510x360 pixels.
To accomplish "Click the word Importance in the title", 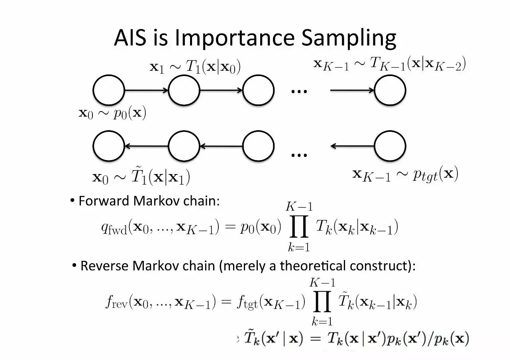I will [x=235, y=38].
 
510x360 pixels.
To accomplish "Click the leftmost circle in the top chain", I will [x=108, y=90].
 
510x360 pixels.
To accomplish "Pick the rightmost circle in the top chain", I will [x=390, y=90].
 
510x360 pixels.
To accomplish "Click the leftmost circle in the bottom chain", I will [x=108, y=146].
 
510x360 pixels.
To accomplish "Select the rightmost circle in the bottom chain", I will [x=390, y=146].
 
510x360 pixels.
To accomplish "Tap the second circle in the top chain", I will [x=184, y=90].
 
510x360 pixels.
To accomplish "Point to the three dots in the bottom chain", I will [x=299, y=155].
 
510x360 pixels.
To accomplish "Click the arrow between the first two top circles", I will [x=146, y=90].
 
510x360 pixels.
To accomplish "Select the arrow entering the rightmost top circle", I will [x=352, y=90].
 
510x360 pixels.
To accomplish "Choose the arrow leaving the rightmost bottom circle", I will [x=352, y=146].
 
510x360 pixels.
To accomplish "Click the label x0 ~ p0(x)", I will [x=112, y=113].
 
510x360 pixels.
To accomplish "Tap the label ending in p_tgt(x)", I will [x=405, y=174].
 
